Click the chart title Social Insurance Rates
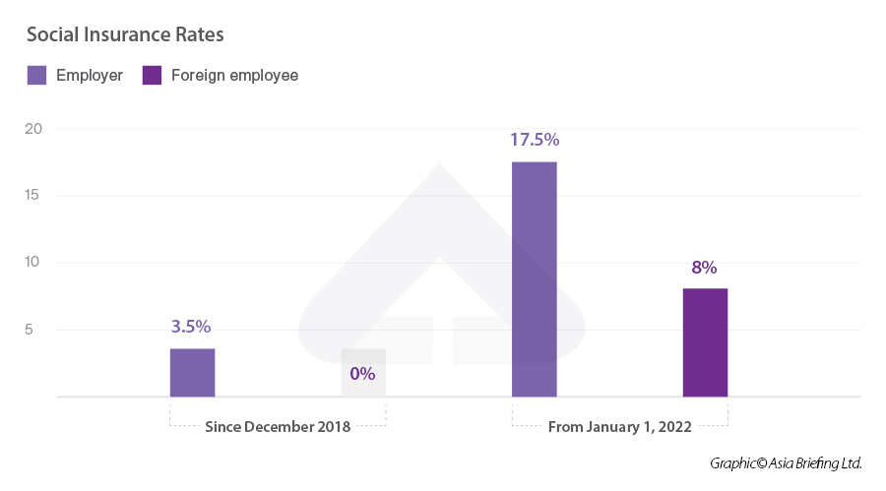(125, 35)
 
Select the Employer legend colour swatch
(36, 76)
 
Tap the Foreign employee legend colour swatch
(152, 76)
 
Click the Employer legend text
(90, 76)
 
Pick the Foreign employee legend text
(234, 76)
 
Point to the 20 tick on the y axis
(33, 129)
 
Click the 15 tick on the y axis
(33, 196)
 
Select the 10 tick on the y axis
(33, 263)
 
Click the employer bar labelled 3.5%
(192, 372)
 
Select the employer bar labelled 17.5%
(534, 279)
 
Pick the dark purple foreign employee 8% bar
(705, 342)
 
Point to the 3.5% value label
(192, 327)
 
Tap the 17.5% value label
(534, 140)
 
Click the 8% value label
(705, 268)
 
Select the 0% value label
(363, 374)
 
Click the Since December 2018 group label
(278, 427)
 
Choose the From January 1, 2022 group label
(619, 427)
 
